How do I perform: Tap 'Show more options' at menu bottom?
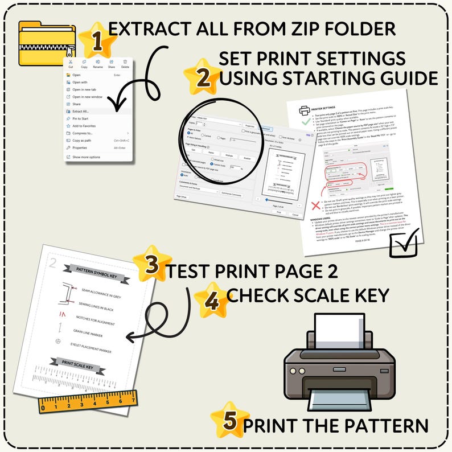pos(86,157)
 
